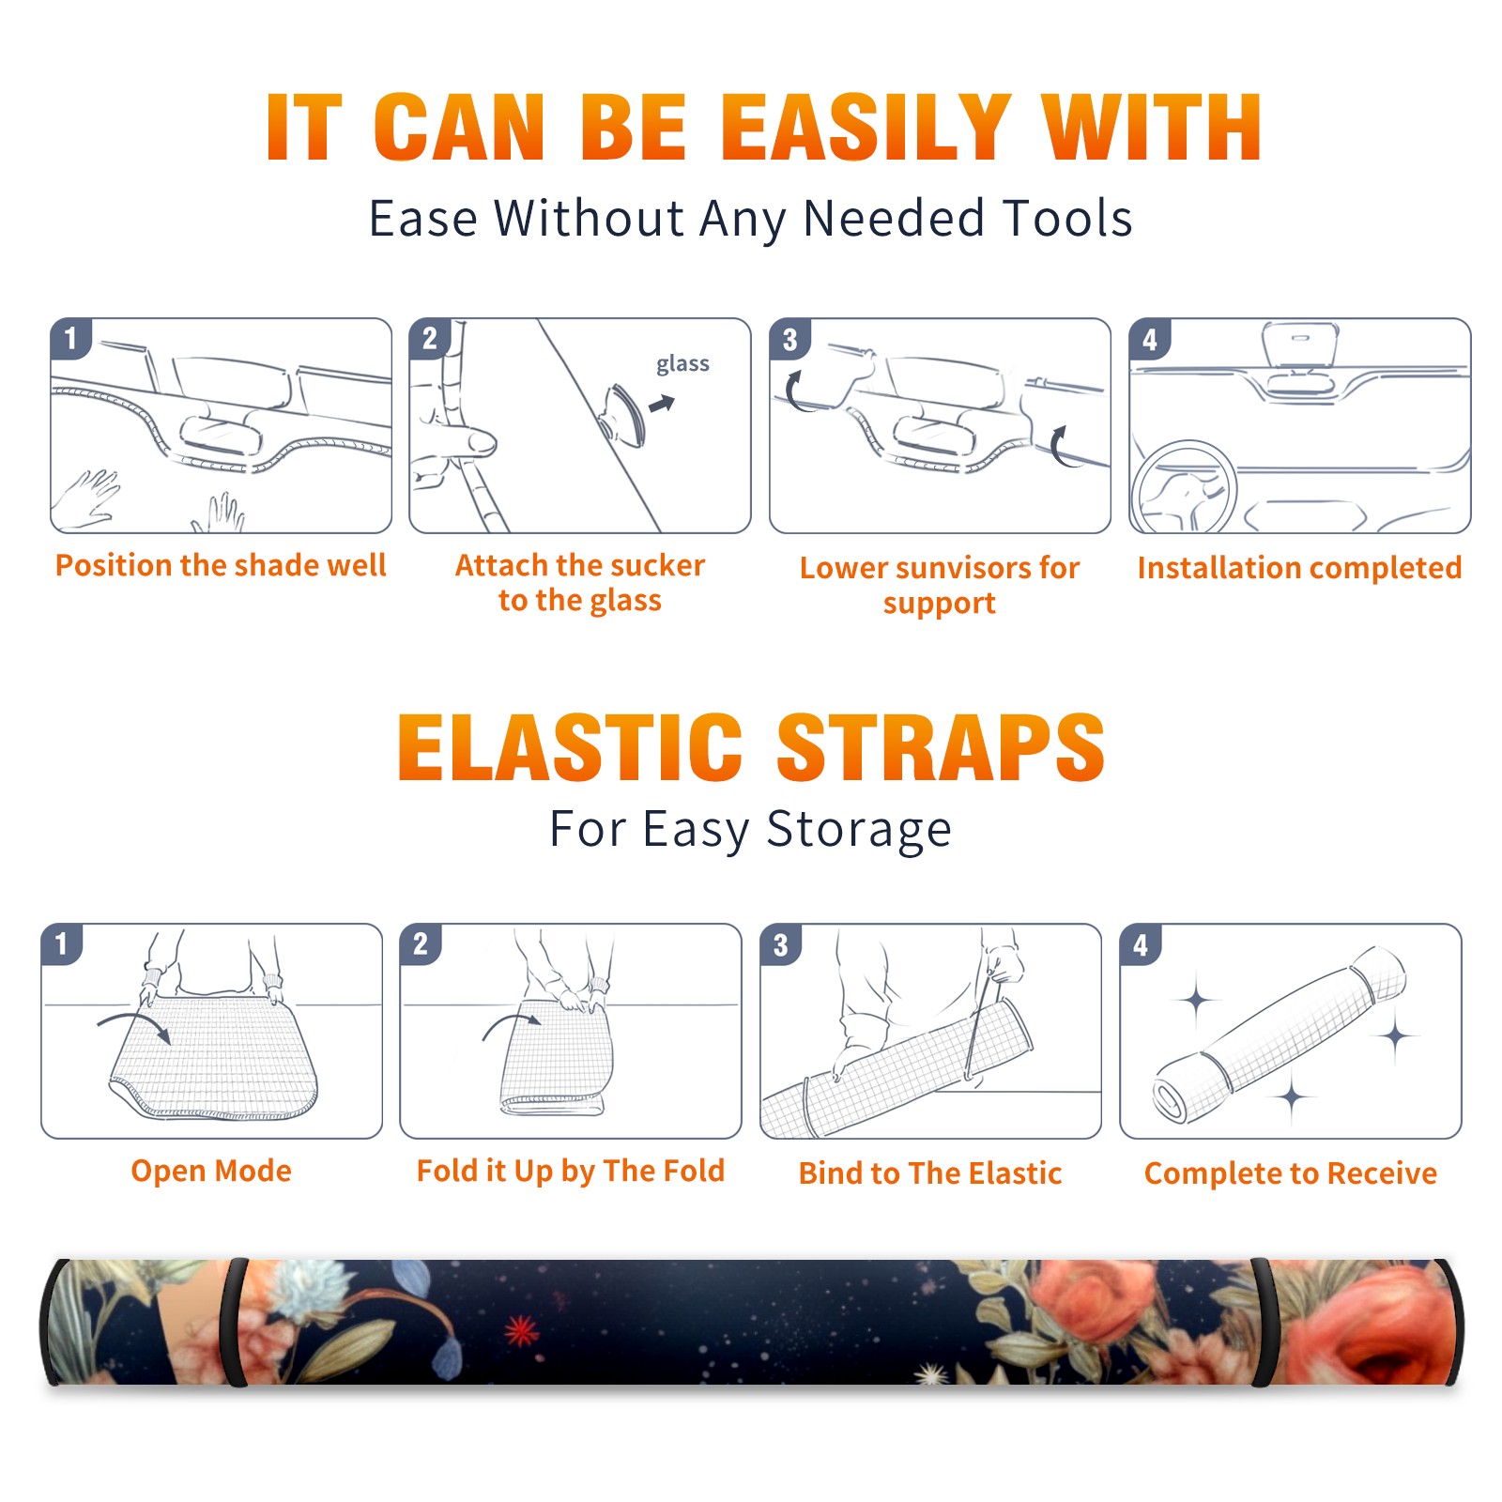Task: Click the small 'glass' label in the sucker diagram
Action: tap(682, 363)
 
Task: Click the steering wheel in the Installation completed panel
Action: tap(1184, 487)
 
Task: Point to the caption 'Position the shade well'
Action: tap(221, 565)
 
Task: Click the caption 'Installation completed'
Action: tap(1299, 567)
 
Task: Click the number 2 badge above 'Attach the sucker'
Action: tap(430, 338)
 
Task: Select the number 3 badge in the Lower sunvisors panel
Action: tap(790, 339)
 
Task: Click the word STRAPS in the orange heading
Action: tap(941, 747)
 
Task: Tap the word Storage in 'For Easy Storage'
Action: tap(859, 830)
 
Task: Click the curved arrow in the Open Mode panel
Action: tap(135, 1025)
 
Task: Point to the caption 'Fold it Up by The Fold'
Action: tap(571, 1171)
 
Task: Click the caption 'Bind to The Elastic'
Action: tap(930, 1172)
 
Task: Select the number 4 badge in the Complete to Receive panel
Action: tap(1141, 944)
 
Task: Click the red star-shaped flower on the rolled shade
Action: tap(521, 1329)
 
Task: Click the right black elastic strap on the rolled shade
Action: tap(1263, 1322)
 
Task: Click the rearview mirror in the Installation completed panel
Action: tap(1300, 345)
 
